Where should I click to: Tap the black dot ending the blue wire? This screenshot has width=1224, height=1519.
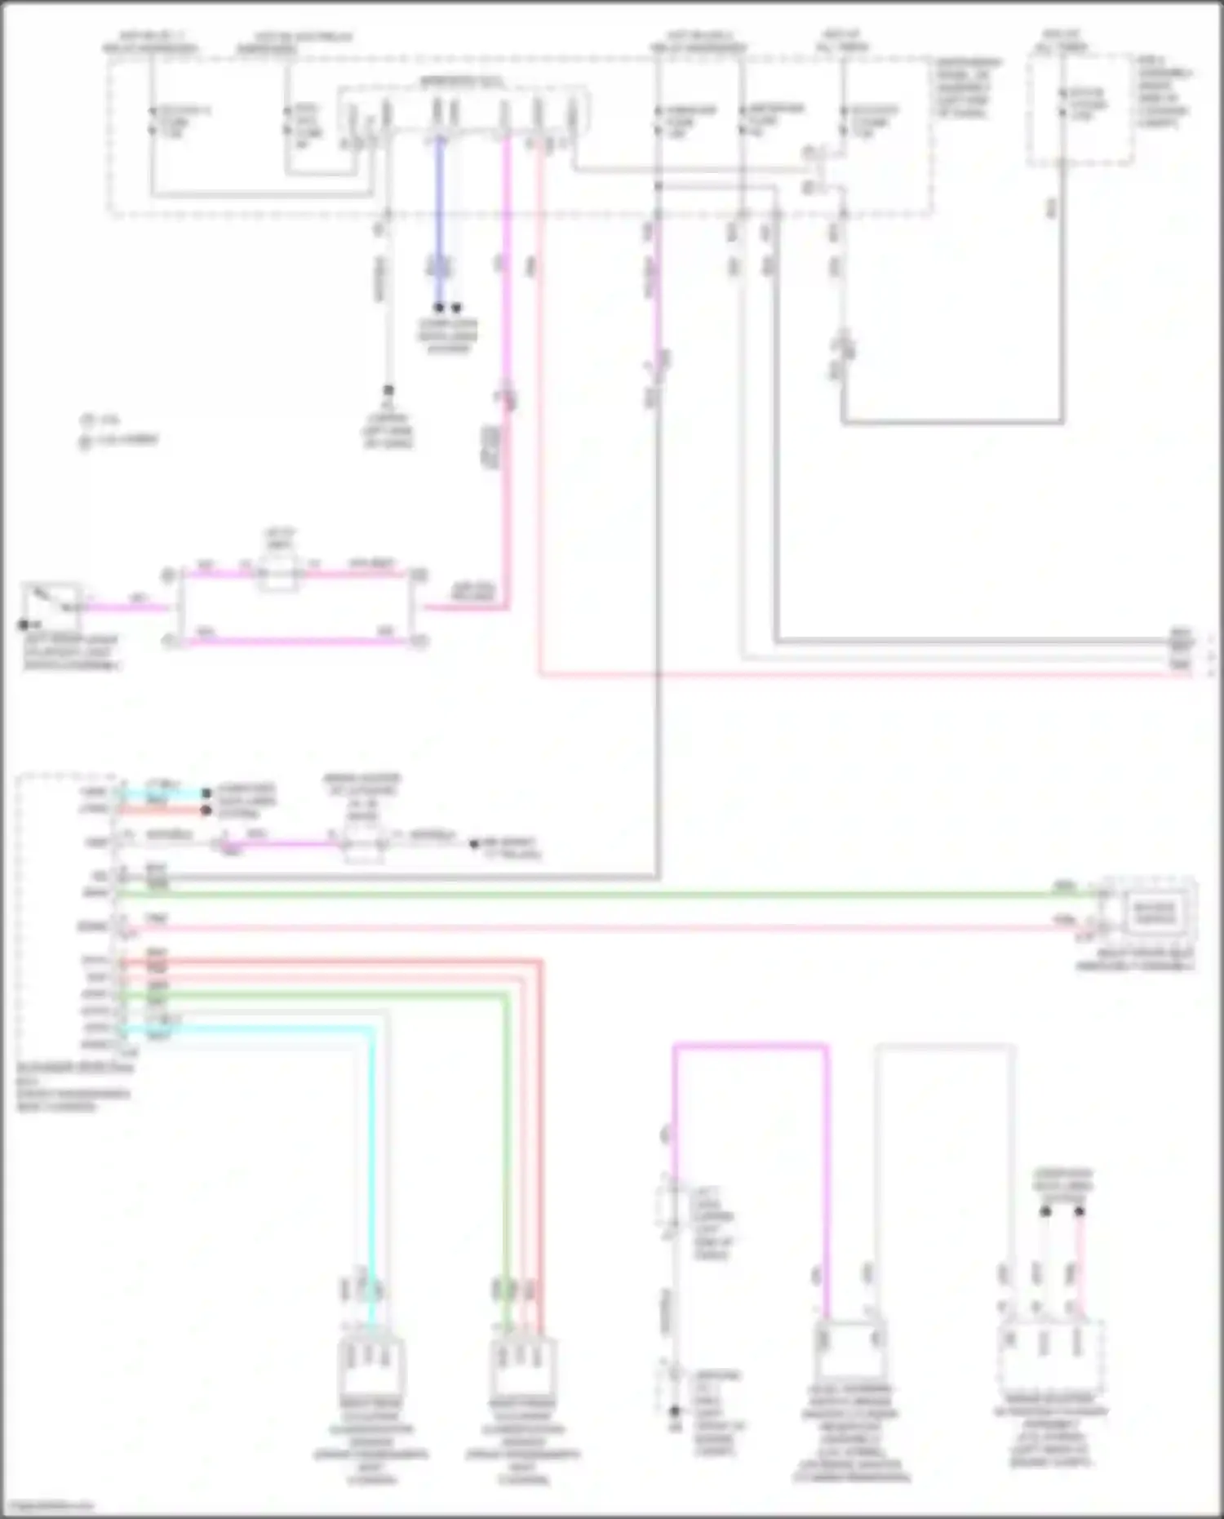(439, 308)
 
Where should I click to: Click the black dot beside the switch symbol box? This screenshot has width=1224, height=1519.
(24, 625)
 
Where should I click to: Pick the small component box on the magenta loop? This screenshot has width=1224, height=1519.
(277, 574)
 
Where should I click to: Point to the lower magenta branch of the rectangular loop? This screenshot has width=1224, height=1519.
(294, 642)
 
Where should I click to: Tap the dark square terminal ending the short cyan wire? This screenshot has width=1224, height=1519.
(206, 793)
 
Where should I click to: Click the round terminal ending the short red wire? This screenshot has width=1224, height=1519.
(206, 811)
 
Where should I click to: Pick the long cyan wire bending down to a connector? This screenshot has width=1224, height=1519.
(371, 1143)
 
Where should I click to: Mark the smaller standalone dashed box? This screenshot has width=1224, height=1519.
(1079, 110)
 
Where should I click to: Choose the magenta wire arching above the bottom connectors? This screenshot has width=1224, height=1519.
(751, 1046)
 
